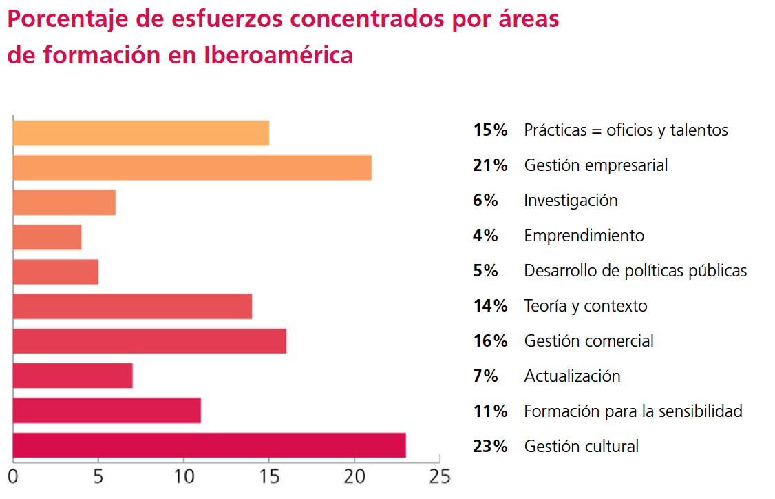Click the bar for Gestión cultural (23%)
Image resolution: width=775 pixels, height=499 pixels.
[x=209, y=446]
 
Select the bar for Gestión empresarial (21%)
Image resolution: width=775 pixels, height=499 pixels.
[x=192, y=167]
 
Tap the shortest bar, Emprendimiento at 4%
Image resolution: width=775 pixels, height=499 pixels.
[x=47, y=237]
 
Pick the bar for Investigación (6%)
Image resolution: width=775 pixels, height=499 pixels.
[x=64, y=202]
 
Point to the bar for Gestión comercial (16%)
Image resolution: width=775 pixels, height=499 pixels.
[x=149, y=341]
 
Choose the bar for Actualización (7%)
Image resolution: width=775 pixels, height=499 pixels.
[x=72, y=376]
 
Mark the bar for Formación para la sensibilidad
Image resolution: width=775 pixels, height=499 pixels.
[x=107, y=411]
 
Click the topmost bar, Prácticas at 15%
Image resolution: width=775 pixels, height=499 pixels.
[x=140, y=132]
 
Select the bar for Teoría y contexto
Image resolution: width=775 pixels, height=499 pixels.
[x=132, y=306]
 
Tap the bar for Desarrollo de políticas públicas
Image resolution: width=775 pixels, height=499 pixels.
[x=55, y=272]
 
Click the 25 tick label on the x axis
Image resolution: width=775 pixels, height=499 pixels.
[x=439, y=476]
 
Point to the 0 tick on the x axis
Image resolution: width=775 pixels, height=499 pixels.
[x=13, y=476]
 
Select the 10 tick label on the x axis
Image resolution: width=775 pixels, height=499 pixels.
[x=184, y=476]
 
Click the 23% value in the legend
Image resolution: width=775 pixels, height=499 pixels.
[x=490, y=447]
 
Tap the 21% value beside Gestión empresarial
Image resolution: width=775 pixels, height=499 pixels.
[x=490, y=165]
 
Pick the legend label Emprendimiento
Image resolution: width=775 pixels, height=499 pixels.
[x=584, y=236]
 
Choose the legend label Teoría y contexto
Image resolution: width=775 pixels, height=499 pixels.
[x=585, y=306]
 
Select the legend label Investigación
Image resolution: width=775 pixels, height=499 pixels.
[x=571, y=201]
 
